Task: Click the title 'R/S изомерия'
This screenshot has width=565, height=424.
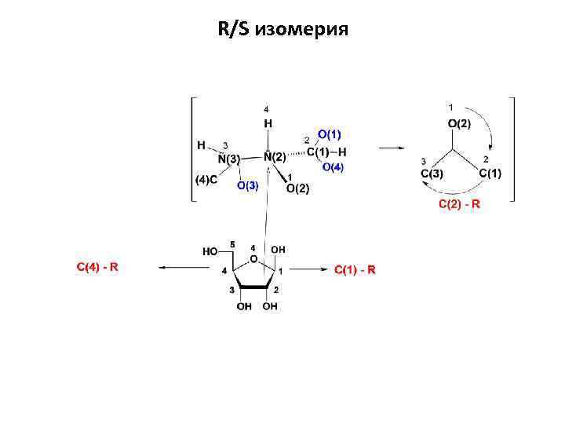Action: (282, 30)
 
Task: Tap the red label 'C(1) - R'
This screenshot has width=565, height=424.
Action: (355, 270)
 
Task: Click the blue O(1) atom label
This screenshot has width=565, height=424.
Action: (330, 135)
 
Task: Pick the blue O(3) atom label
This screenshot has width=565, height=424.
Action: (247, 185)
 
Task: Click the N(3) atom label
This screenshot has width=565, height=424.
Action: (228, 159)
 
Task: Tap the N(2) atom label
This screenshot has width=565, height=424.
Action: (274, 157)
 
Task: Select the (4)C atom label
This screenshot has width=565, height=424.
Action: (206, 180)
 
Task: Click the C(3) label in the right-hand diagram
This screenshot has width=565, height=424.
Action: (432, 173)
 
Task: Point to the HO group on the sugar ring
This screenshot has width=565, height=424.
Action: (210, 252)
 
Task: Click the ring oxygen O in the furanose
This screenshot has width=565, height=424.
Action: (253, 258)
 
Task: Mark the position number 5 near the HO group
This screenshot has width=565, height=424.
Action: (231, 243)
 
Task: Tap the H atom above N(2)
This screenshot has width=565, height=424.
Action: (268, 123)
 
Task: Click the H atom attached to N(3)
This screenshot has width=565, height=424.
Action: (202, 145)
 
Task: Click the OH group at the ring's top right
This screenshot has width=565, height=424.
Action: (278, 250)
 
